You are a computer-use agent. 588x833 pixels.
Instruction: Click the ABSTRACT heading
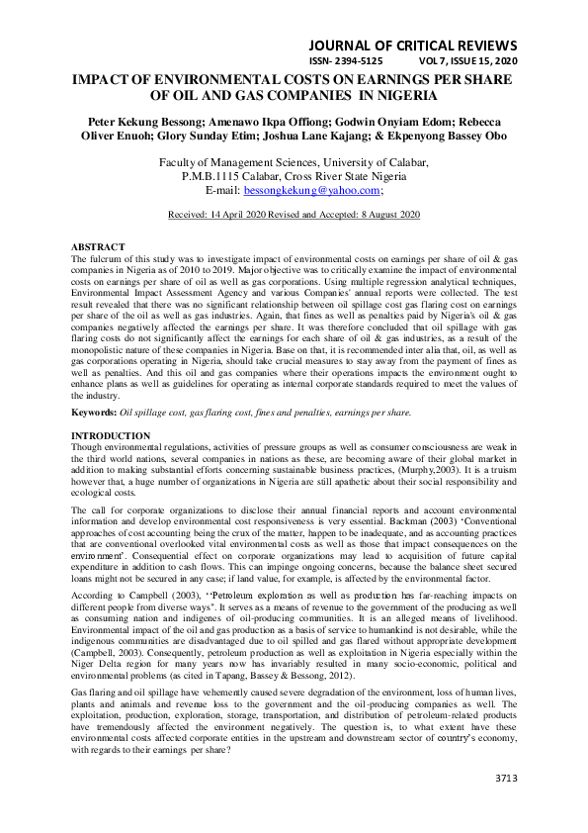click(99, 245)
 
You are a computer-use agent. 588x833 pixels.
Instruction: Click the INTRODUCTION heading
click(111, 435)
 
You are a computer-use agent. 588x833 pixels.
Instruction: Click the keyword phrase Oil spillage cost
click(155, 412)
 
